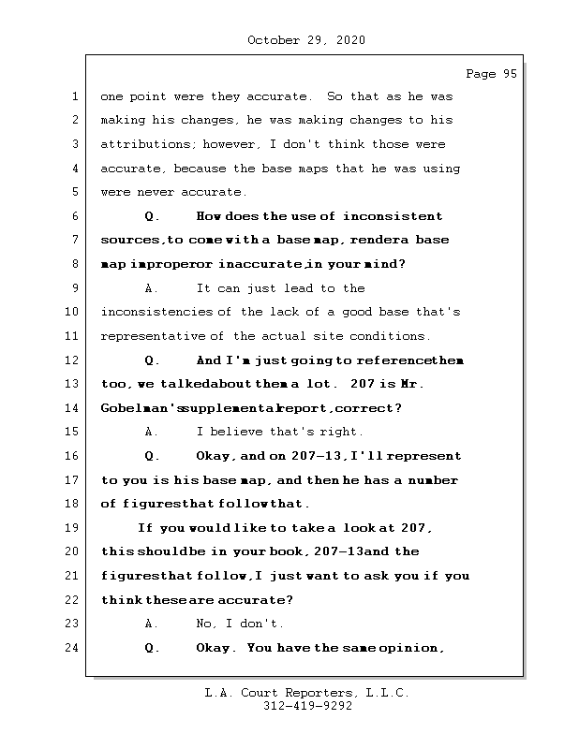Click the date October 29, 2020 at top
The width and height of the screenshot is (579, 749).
[x=306, y=40]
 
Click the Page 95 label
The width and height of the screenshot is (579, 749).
[x=491, y=74]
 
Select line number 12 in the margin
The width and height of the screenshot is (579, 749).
[x=72, y=360]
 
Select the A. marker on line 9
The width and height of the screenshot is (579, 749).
[x=153, y=288]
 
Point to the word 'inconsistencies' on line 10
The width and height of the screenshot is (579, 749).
[x=156, y=313]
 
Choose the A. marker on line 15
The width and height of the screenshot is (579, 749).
[x=153, y=433]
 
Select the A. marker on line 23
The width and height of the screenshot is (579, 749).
[x=153, y=624]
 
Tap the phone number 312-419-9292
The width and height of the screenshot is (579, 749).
[x=307, y=707]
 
